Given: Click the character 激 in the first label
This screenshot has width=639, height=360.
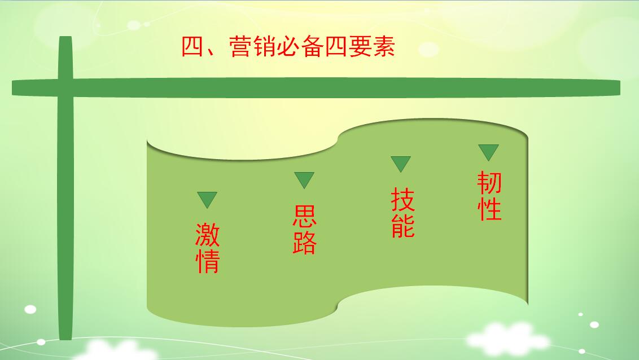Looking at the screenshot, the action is coord(207,235).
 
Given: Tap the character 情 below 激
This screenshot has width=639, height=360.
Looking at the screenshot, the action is coord(207,261).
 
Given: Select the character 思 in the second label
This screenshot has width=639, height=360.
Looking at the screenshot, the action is coord(304,216).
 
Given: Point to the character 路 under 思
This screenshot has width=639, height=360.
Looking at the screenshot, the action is coord(304,242).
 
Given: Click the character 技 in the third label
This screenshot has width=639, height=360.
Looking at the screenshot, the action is coord(402,200).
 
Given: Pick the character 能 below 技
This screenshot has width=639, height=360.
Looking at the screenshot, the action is coord(402,225).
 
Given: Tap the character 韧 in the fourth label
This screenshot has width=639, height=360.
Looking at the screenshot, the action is coord(489,182).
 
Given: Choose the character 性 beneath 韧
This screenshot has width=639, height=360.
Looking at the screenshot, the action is coord(489,208).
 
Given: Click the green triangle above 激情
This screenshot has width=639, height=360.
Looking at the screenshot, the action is coord(207,199).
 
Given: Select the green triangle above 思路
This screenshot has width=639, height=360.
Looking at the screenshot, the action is coord(304,179).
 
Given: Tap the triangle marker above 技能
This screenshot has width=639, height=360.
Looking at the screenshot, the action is coord(401,163).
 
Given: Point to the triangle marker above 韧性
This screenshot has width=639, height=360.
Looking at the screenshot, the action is coord(489,151).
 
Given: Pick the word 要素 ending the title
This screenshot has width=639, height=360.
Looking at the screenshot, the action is coord(372,46).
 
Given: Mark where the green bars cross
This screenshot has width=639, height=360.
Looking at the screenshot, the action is coord(65,87).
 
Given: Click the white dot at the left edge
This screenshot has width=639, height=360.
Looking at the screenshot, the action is coord(30,309).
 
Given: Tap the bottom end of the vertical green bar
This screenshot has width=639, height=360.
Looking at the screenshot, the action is coord(65,339).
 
